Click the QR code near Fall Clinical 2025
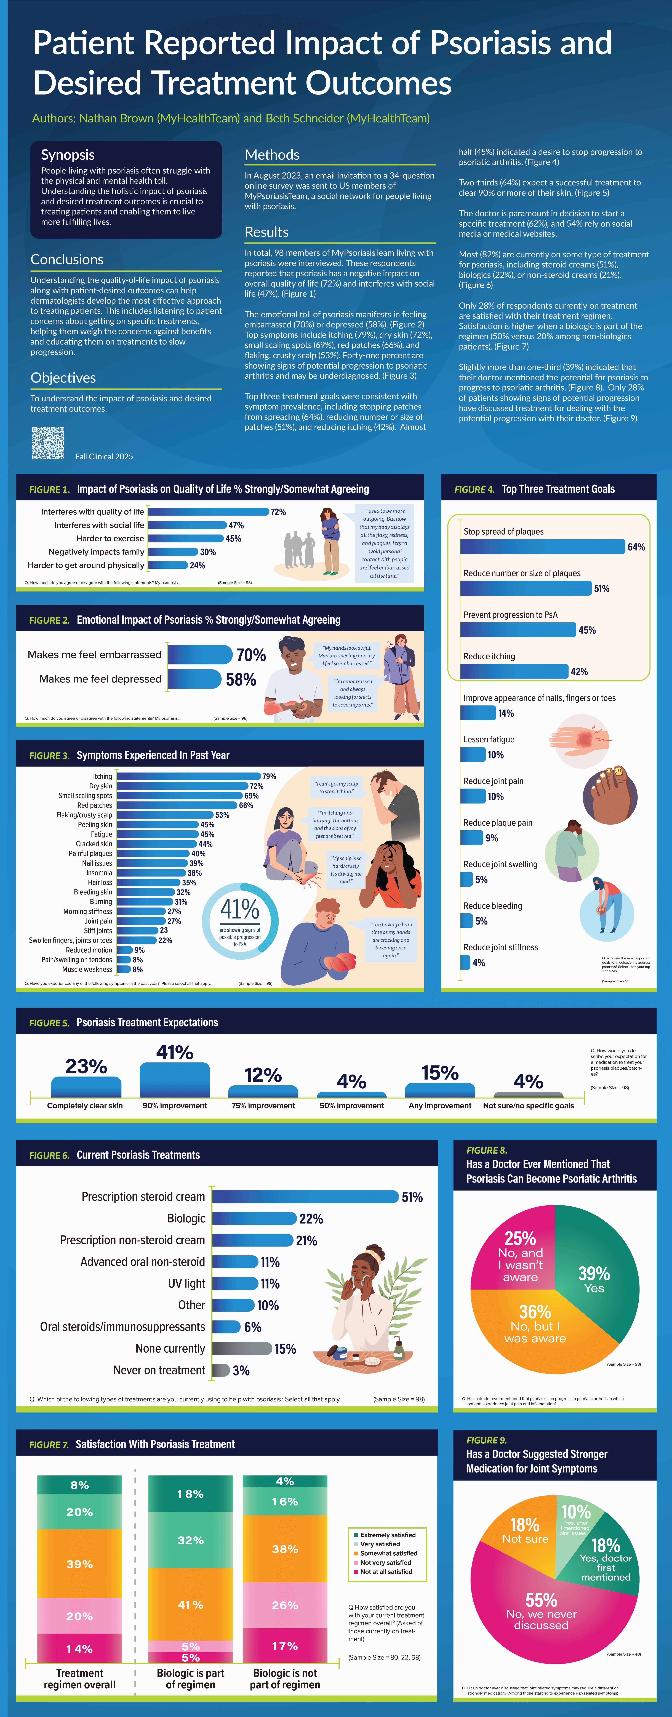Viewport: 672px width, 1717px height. (48, 443)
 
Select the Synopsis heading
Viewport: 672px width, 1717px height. (68, 155)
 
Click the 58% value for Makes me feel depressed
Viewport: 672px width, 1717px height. (241, 679)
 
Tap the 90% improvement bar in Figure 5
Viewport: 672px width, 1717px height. (175, 1080)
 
